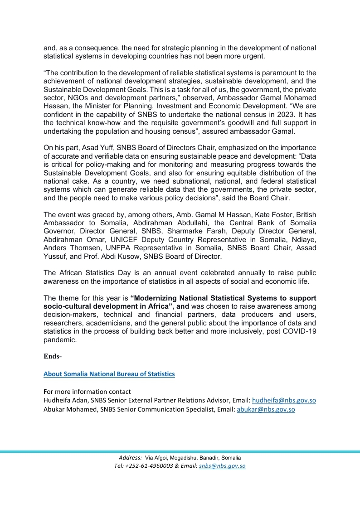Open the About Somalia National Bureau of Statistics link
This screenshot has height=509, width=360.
click(x=109, y=374)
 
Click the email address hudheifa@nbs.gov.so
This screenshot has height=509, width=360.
click(x=283, y=400)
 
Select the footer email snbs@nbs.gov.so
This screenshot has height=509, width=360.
click(x=222, y=466)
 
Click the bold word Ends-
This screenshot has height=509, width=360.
click(x=52, y=356)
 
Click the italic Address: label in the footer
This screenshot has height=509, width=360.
click(x=130, y=458)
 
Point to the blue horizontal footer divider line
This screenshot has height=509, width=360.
click(x=180, y=451)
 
